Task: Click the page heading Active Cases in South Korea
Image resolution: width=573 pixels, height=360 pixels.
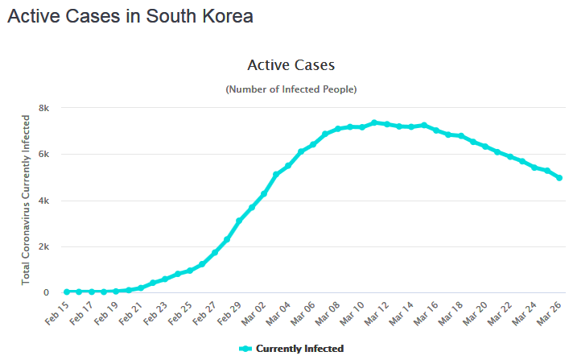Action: coord(130,17)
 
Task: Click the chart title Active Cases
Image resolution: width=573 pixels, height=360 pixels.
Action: coord(291,64)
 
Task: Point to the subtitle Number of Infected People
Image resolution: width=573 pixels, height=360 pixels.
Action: coord(291,89)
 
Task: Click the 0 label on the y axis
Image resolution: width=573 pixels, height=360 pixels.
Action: coord(47,293)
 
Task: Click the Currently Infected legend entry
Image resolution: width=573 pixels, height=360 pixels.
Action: coord(291,349)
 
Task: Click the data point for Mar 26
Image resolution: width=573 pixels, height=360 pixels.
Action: coord(559,178)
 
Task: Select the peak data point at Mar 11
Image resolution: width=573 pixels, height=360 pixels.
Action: coord(374,122)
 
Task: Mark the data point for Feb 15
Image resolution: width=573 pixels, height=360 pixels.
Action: coord(67,292)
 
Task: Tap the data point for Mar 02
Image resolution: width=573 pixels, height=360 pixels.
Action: coord(264,193)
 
